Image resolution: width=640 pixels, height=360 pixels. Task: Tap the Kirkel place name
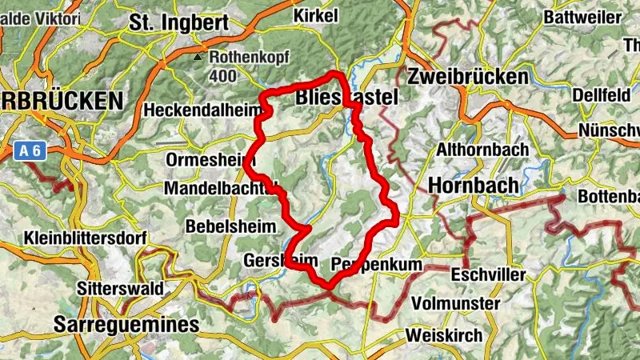click(x=317, y=15)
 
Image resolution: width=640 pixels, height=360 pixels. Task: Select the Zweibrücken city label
click(x=468, y=77)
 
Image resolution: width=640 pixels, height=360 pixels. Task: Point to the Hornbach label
click(x=474, y=184)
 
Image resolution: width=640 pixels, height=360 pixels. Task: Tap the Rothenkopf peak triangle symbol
click(x=198, y=58)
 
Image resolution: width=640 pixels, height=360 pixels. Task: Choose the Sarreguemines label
click(x=126, y=324)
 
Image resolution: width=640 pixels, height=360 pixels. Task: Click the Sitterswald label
click(x=121, y=288)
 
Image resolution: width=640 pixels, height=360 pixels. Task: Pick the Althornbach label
click(x=482, y=150)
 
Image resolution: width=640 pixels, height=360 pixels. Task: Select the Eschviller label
click(x=489, y=275)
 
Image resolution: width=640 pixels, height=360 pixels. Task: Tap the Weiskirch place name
click(x=444, y=334)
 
